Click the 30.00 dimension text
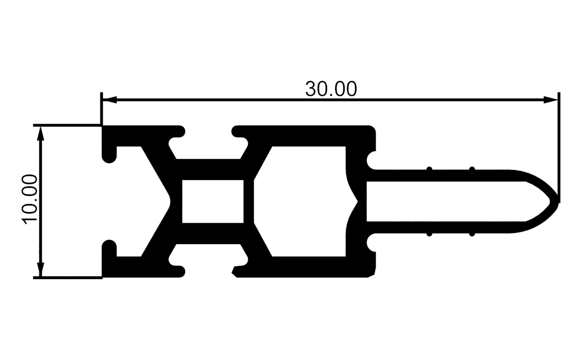pos(331,89)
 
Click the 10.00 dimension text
pos(29,199)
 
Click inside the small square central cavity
pos(212,201)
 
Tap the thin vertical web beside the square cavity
pos(248,201)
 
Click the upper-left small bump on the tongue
pos(429,169)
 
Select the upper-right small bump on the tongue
pos(472,169)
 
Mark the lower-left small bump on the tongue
pos(429,234)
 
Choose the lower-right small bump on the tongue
pos(472,234)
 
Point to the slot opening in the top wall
pos(208,132)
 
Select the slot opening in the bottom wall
pos(208,271)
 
